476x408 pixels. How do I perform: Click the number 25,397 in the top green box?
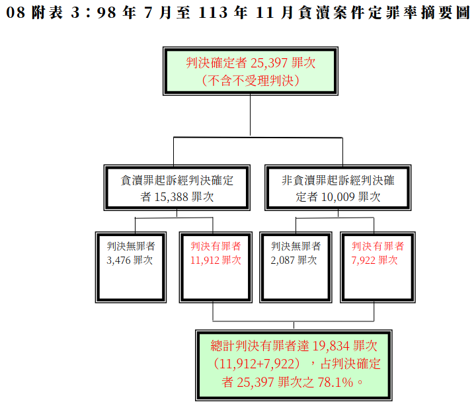[x=269, y=63]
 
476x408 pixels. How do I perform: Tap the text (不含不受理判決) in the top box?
[x=251, y=81]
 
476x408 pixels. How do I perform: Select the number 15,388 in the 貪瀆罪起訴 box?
[x=171, y=197]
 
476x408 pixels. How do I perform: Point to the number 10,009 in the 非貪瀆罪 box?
[x=338, y=197]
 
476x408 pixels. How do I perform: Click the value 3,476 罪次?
[x=130, y=260]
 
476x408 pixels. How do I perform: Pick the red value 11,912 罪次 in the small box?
[x=216, y=260]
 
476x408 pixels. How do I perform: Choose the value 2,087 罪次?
[x=294, y=260]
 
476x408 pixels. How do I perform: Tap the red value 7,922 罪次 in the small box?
[x=375, y=260]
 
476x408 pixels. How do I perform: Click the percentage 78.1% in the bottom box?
[x=335, y=382]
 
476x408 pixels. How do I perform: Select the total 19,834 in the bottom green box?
[x=331, y=346]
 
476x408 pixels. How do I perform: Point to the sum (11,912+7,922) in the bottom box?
[x=257, y=364]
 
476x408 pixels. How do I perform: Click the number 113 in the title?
[x=213, y=13]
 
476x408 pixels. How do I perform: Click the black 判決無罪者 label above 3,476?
[x=131, y=246]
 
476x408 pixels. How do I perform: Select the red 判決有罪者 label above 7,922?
[x=378, y=246]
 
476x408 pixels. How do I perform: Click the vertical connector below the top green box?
[x=250, y=115]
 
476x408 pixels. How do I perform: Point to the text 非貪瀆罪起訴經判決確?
[x=338, y=181]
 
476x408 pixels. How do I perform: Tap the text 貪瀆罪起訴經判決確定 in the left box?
[x=177, y=181]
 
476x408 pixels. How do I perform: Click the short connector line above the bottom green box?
[x=294, y=325]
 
